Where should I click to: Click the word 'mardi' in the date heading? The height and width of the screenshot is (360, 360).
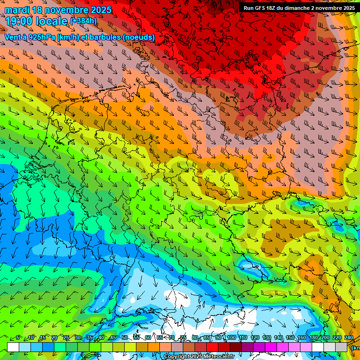pos(17,10)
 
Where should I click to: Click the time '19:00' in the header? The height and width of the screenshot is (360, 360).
pos(21,21)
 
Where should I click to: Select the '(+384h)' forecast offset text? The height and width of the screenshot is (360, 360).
pos(83,21)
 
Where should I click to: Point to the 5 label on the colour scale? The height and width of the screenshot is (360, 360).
pos(18,338)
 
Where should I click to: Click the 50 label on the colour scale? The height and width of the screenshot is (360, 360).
pos(125,338)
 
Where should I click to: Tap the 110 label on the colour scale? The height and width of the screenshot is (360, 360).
pos(243,338)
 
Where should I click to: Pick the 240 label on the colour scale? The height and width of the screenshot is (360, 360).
pos(348,338)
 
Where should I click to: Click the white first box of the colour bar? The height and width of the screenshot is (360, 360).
pos(13,347)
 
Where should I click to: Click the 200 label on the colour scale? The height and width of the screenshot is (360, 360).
pos(325,338)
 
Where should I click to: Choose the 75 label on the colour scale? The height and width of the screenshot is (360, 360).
pos(183,338)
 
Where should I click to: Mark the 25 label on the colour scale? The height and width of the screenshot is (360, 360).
pos(66,338)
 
